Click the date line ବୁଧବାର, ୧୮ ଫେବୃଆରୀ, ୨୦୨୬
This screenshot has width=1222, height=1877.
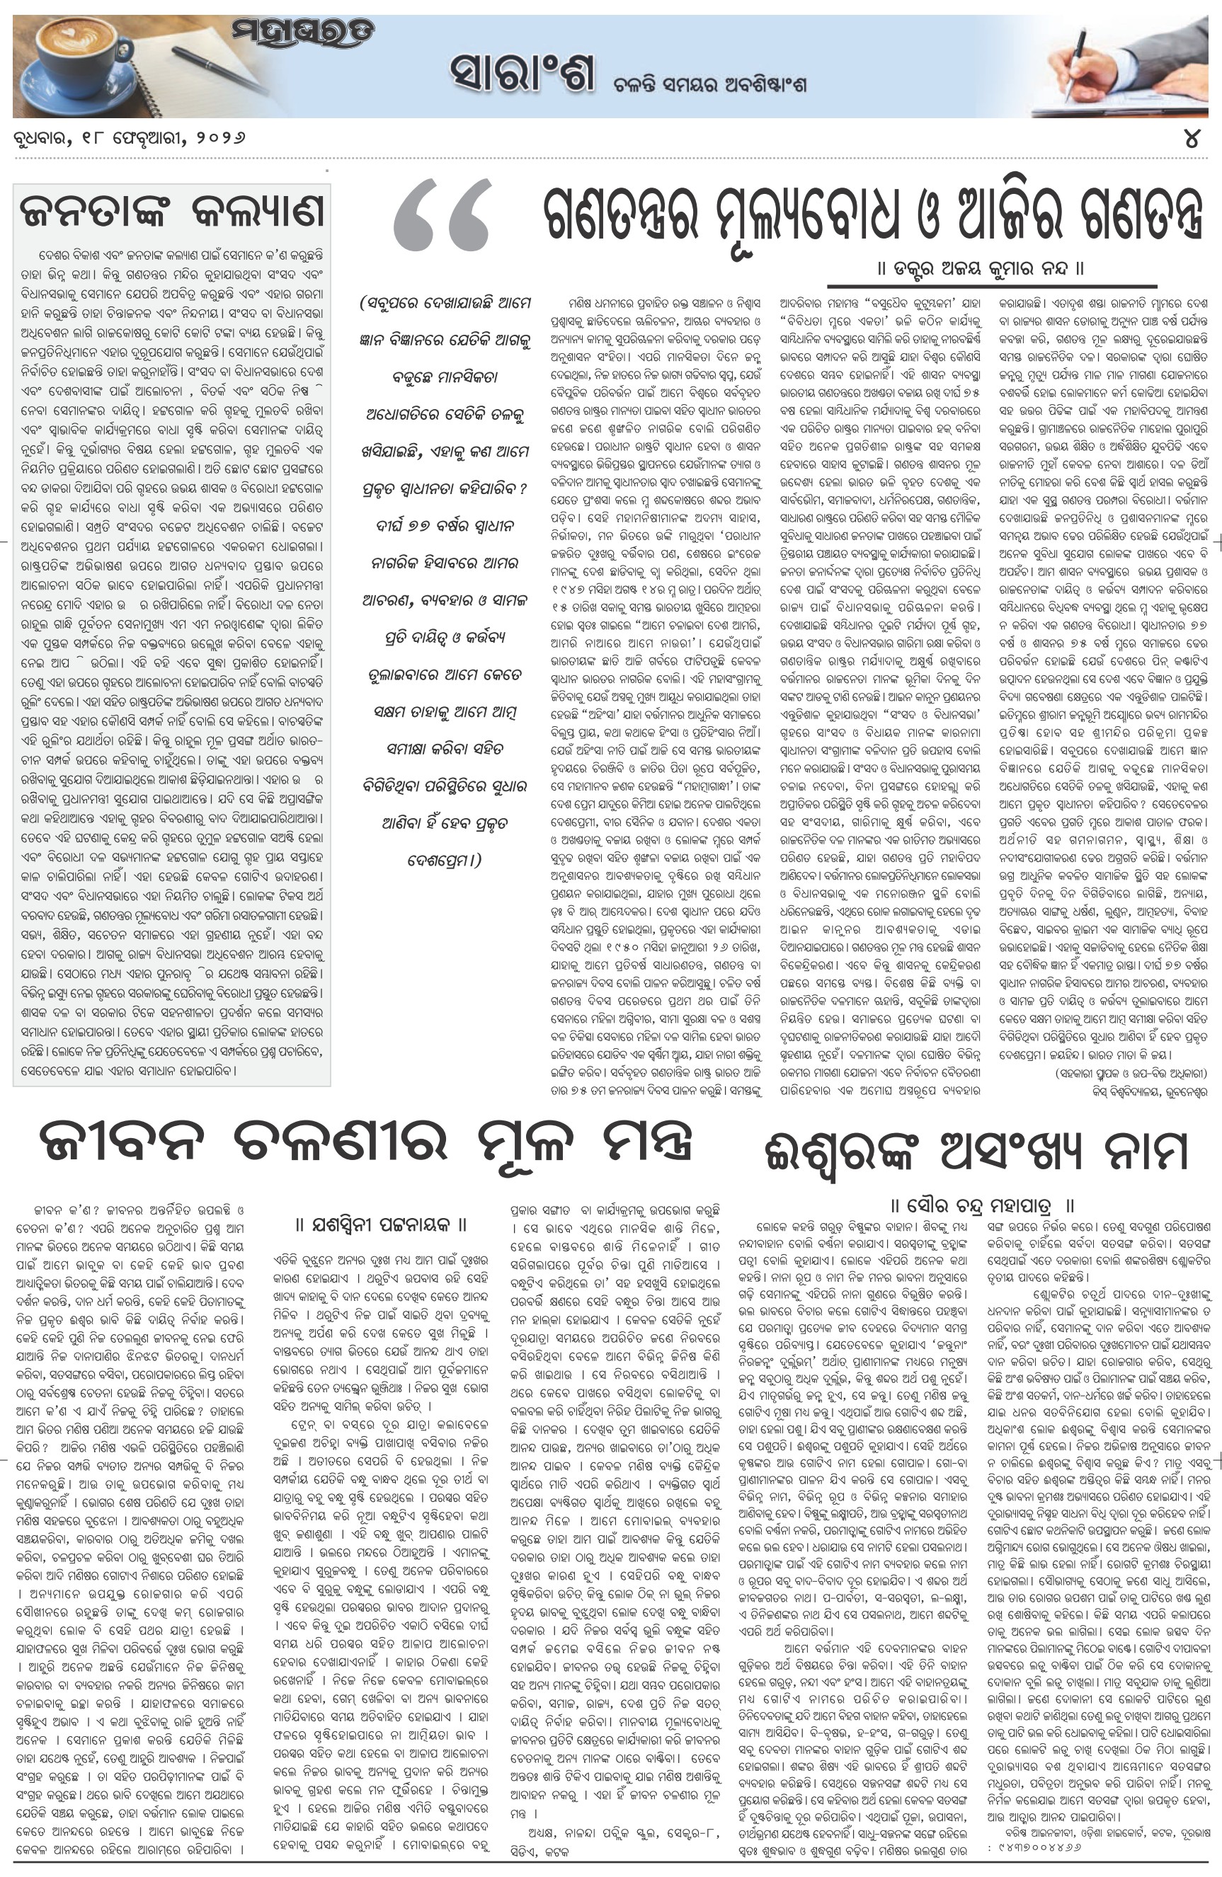130,137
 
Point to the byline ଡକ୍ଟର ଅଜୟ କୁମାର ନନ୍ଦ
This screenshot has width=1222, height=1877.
981,268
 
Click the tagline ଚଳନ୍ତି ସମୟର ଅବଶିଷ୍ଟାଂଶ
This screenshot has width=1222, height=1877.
710,84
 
